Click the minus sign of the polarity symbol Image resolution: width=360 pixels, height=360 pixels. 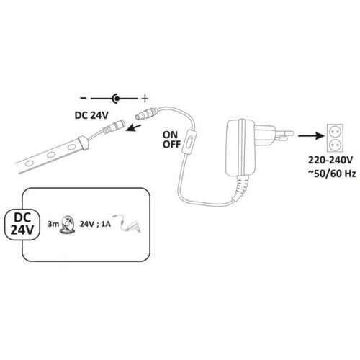pos(84,98)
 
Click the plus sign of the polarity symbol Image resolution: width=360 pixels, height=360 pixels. pos(145,99)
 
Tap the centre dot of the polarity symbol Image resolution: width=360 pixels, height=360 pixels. pos(117,99)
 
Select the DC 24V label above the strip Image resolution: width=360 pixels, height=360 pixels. pos(91,115)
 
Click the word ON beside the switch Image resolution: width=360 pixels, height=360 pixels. pos(170,135)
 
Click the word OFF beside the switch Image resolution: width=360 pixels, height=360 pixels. pos(171,144)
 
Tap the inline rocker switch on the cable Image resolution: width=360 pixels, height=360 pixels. pos(189,143)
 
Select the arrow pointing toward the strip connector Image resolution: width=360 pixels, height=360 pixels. pos(133,128)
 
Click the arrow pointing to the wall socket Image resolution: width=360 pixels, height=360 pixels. pos(312,136)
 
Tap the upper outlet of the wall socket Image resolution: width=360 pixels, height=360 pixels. pos(335,131)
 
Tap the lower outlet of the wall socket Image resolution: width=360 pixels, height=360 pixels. pos(335,145)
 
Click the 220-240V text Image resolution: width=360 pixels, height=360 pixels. pos(330,160)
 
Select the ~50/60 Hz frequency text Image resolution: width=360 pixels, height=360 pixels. pos(332,174)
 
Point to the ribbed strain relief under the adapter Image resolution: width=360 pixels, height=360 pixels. pos(240,187)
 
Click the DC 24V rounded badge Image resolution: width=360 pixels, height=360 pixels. pos(22,224)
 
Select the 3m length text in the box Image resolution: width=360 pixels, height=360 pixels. pos(53,225)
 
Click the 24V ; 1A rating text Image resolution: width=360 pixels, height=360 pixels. pos(95,224)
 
